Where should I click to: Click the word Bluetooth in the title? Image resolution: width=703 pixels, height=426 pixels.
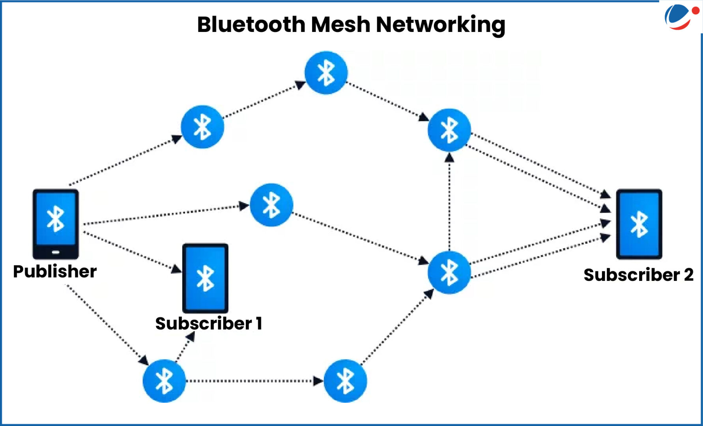[251, 24]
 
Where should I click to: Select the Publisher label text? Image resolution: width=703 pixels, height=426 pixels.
[54, 271]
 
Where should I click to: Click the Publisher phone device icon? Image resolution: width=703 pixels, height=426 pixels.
[56, 224]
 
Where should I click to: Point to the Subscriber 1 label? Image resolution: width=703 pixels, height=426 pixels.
[208, 323]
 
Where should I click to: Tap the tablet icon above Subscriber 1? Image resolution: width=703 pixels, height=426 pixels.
[205, 278]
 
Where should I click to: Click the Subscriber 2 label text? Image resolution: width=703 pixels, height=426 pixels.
[638, 275]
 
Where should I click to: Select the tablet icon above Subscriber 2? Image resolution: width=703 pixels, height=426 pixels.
[639, 224]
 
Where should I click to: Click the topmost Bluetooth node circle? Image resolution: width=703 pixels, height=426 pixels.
[326, 73]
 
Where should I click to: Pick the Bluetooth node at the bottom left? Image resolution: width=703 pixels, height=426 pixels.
[164, 381]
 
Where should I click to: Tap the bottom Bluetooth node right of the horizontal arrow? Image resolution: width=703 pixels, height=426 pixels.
[345, 381]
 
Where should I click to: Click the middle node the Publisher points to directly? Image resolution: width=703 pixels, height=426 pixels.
[271, 205]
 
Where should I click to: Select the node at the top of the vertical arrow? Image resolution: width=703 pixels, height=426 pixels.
[449, 130]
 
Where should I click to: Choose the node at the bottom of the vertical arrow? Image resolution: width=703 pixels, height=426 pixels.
[449, 272]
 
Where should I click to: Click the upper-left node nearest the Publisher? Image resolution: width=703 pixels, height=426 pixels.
[202, 127]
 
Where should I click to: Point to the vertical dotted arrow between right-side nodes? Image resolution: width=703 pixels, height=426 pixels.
[449, 201]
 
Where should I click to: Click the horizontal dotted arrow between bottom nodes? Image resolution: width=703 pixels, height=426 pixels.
[252, 381]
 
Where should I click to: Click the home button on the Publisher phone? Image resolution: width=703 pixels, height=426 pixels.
[56, 252]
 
